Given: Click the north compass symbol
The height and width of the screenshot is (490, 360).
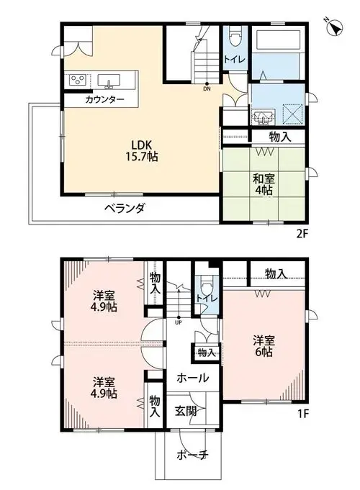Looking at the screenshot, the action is (334, 27).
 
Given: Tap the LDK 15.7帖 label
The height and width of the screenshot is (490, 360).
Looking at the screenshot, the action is (142, 150).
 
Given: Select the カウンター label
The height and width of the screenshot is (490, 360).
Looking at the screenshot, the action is (104, 100).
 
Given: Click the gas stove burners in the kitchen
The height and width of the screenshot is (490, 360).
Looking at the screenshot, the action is (78, 80).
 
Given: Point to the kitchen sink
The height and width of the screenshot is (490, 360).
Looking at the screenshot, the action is (109, 81).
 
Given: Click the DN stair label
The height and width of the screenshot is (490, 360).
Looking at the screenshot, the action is (207, 89).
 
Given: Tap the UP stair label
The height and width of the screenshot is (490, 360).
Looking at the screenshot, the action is (179, 323).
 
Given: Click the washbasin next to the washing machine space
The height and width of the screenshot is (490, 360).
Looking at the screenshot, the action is (264, 117).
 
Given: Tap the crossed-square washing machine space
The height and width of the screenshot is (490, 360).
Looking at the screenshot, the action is (293, 114).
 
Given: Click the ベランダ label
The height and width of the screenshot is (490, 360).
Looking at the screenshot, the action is (125, 208).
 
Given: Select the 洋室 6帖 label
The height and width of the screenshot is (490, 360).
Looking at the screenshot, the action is (264, 346).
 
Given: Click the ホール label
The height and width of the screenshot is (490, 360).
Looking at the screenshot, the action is (193, 378).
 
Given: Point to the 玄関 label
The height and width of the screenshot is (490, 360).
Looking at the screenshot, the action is (186, 412).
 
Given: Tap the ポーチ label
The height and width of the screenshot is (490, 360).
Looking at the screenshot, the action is (192, 455).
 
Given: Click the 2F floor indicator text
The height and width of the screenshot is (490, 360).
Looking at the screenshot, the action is (302, 234).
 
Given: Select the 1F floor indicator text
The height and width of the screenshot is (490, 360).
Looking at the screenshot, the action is (303, 414).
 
